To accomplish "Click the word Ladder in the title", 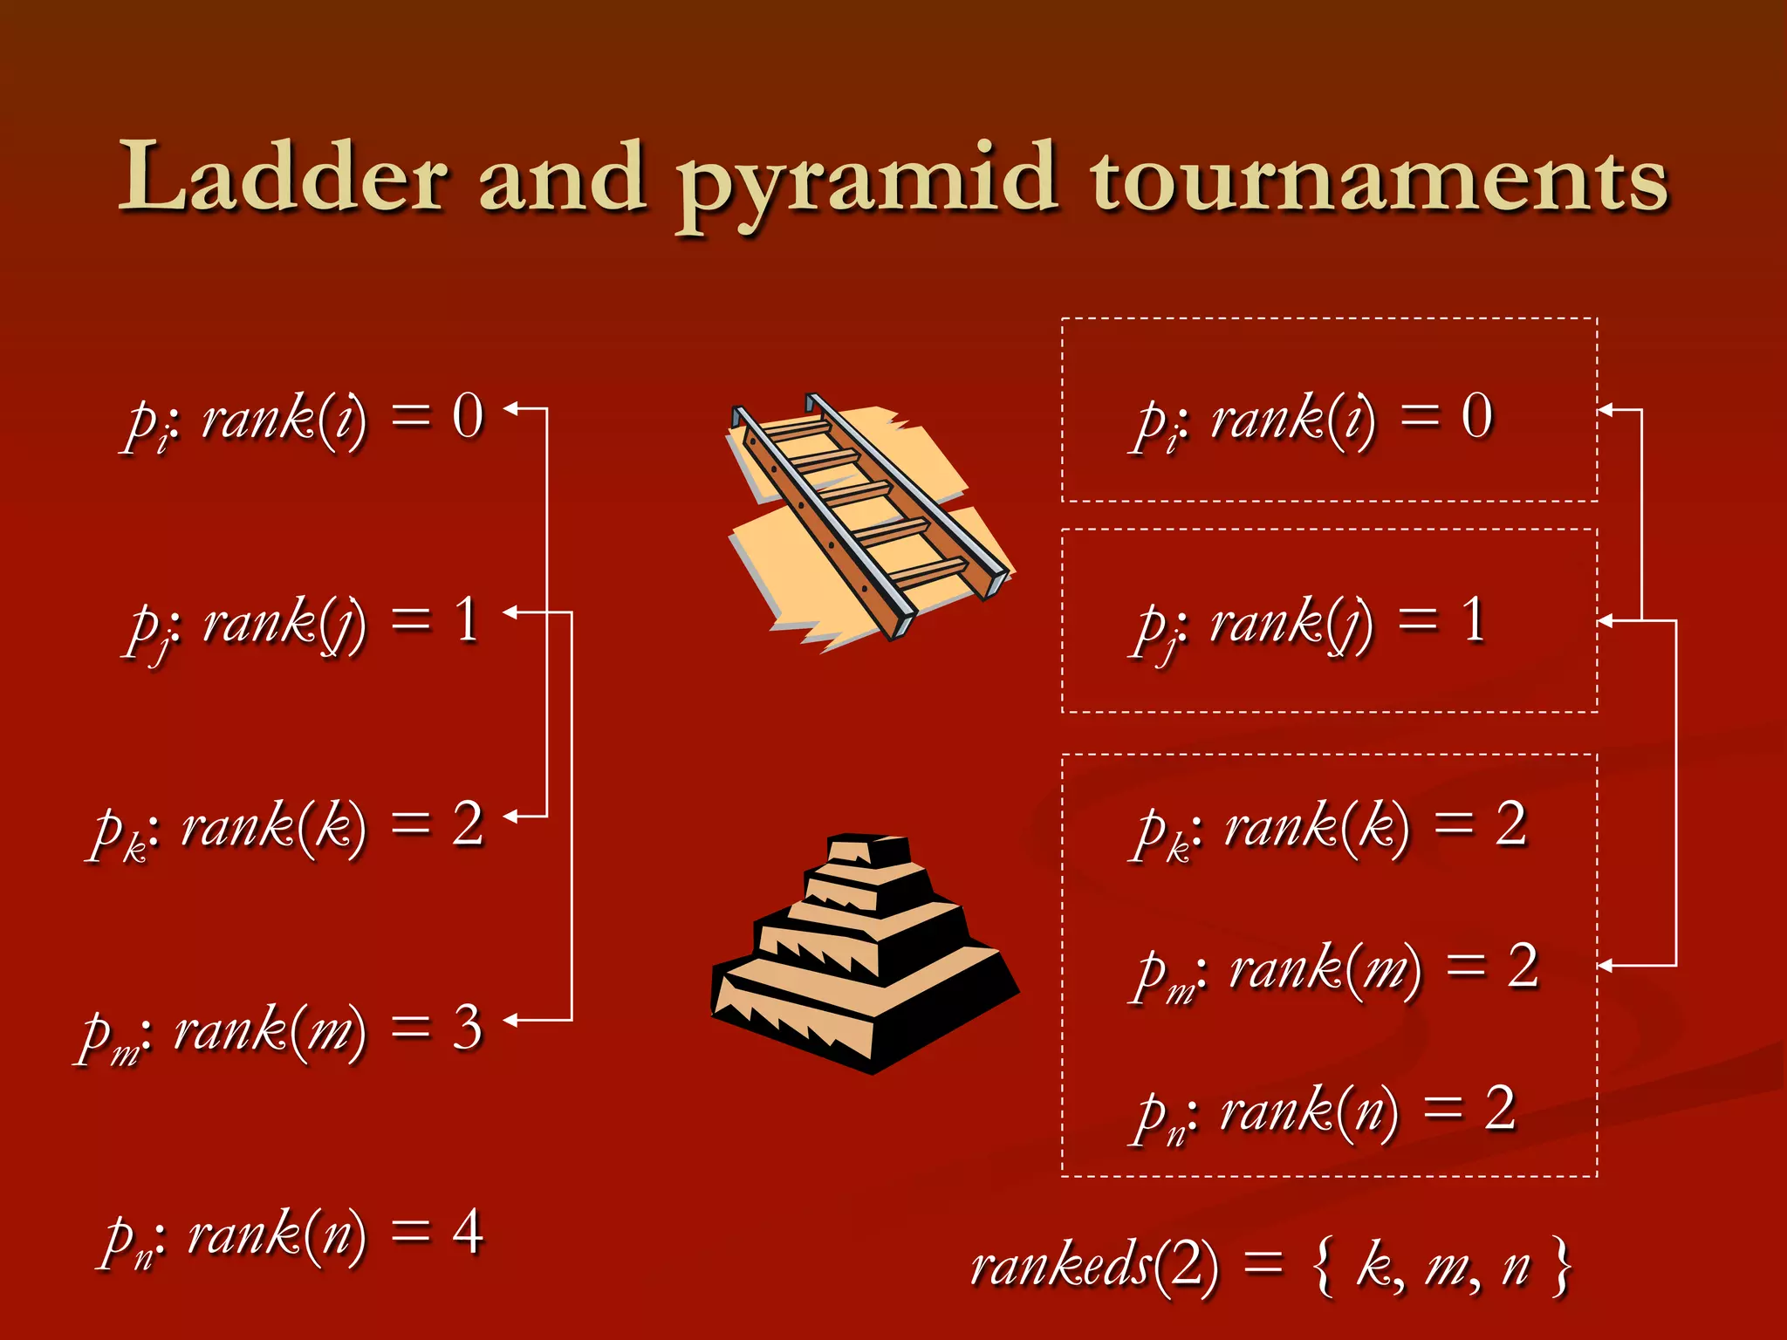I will [284, 177].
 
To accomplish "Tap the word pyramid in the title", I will [868, 183].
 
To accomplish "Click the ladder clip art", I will [868, 519].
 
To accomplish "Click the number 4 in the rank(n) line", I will [468, 1232].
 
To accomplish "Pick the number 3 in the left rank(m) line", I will [468, 1028].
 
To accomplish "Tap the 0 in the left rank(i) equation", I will [468, 415].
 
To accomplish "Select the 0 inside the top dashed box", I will [1476, 415].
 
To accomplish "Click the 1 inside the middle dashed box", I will [1473, 620].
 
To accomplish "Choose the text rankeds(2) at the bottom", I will [1094, 1265].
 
